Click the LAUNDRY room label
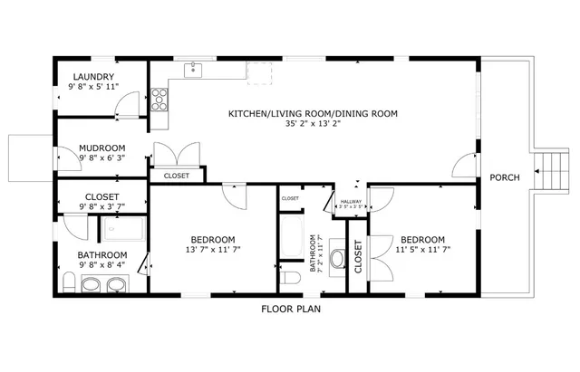94,76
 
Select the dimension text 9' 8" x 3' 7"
101,207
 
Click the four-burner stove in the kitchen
159,96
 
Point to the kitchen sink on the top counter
193,69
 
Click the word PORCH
505,177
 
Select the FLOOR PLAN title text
291,309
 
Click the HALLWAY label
350,201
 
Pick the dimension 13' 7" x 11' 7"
212,250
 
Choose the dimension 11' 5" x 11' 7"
422,249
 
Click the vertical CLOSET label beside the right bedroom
358,256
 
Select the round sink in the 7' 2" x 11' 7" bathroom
337,259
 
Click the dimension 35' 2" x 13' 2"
313,124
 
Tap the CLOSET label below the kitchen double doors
177,176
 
